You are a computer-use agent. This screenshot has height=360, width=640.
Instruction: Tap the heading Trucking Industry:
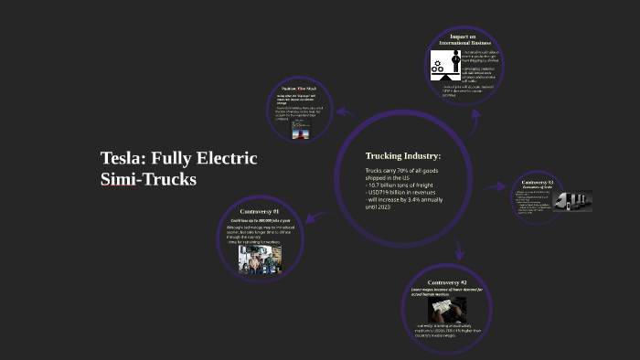pyautogui.click(x=403, y=155)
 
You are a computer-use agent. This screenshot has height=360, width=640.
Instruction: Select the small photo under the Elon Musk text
pyautogui.click(x=299, y=132)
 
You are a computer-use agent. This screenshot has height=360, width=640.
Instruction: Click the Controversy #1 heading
pyautogui.click(x=261, y=212)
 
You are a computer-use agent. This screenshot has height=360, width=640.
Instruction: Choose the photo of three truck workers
pyautogui.click(x=261, y=258)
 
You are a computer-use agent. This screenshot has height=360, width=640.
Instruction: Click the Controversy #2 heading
pyautogui.click(x=447, y=283)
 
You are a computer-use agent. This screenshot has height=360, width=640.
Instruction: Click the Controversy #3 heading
pyautogui.click(x=539, y=183)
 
